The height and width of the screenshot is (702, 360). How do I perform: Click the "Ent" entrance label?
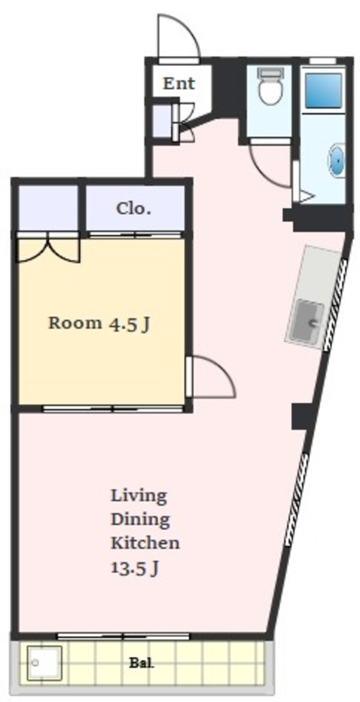click(x=179, y=83)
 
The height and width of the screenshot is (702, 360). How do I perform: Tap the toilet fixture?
click(x=271, y=86)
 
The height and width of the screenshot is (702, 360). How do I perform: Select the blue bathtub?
click(x=323, y=91)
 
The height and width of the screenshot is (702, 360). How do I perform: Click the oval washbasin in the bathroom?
click(x=337, y=160)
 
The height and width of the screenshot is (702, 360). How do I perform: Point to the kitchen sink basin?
click(x=307, y=320)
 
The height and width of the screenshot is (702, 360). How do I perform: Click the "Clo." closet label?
click(x=133, y=208)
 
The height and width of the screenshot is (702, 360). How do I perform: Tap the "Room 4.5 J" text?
click(x=98, y=323)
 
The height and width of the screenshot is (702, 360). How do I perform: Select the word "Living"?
click(x=139, y=497)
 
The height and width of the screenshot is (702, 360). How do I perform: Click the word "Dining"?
click(x=140, y=520)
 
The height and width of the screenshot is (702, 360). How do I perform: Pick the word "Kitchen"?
click(x=145, y=543)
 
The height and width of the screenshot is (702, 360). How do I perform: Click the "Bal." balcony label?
click(x=142, y=662)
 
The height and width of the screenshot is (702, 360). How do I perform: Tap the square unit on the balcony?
click(x=44, y=662)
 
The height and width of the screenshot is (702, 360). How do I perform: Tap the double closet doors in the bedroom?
click(x=49, y=249)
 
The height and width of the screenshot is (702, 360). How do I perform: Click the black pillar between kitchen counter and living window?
click(x=299, y=417)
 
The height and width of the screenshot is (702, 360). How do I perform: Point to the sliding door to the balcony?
click(x=123, y=635)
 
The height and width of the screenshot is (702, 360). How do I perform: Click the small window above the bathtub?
click(x=323, y=61)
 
